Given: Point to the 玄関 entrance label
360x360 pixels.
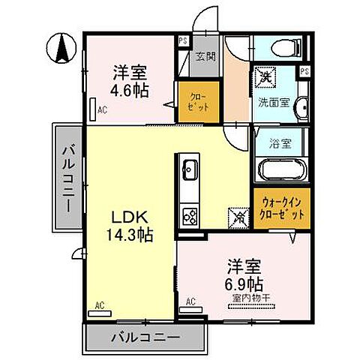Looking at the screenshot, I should click(205, 56).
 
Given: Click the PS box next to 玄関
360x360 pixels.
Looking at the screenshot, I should click(183, 42).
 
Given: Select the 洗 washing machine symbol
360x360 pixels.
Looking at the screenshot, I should click(264, 75).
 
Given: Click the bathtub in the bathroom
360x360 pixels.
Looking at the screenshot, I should click(279, 169).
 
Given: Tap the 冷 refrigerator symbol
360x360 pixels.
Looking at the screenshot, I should click(238, 217).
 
